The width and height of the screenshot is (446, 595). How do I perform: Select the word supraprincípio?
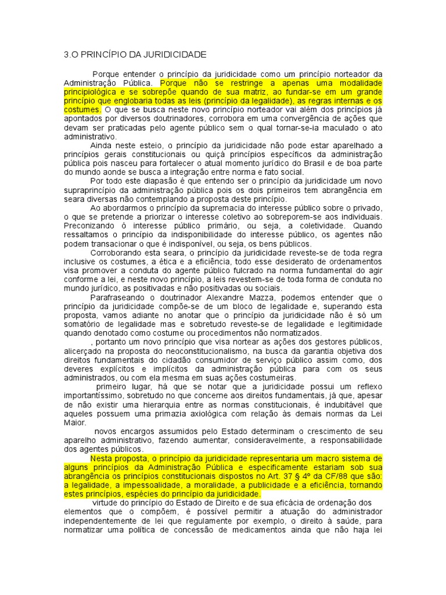(x=92, y=189)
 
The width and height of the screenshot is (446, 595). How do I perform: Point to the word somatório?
(x=85, y=324)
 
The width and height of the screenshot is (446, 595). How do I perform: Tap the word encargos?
(x=145, y=431)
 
